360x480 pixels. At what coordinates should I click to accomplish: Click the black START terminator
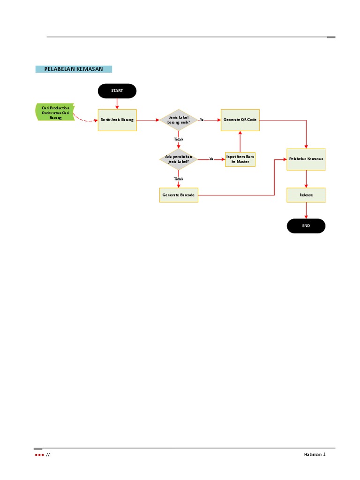point(117,91)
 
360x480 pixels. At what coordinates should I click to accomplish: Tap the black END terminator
point(306,226)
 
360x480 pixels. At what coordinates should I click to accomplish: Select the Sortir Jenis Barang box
point(117,120)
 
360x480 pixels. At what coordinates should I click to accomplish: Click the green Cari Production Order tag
point(55,112)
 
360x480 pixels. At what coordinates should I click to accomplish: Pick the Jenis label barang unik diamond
point(179,120)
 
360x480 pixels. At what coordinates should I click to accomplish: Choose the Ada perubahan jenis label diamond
point(179,159)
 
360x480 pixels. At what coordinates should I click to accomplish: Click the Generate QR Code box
point(240,120)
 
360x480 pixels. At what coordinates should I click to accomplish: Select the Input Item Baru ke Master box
point(240,159)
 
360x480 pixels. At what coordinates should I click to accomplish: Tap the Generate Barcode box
point(179,195)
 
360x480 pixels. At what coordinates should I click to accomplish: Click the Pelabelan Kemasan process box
point(306,159)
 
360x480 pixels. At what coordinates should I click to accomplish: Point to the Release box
point(306,195)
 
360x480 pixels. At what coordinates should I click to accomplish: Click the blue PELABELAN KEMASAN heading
point(74,69)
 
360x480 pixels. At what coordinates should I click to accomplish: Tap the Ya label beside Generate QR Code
point(202,120)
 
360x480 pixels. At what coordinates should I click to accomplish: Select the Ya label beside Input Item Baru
point(211,159)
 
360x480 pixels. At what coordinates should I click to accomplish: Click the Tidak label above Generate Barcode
point(179,179)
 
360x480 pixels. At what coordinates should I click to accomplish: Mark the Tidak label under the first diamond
point(179,139)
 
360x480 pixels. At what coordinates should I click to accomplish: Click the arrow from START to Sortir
point(117,103)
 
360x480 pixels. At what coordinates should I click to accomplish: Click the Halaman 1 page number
point(314,455)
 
